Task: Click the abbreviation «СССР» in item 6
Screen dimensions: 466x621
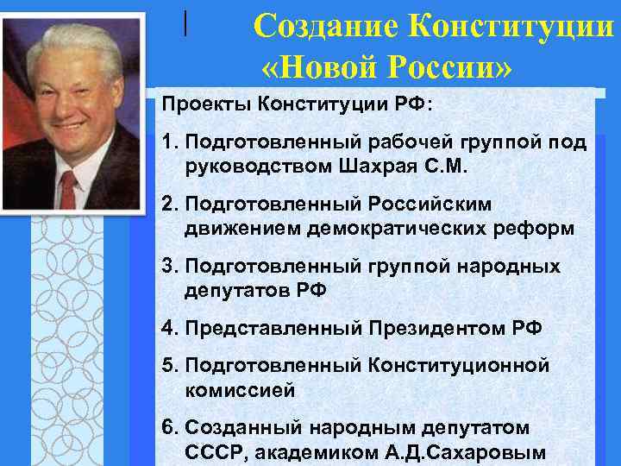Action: [210, 451]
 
